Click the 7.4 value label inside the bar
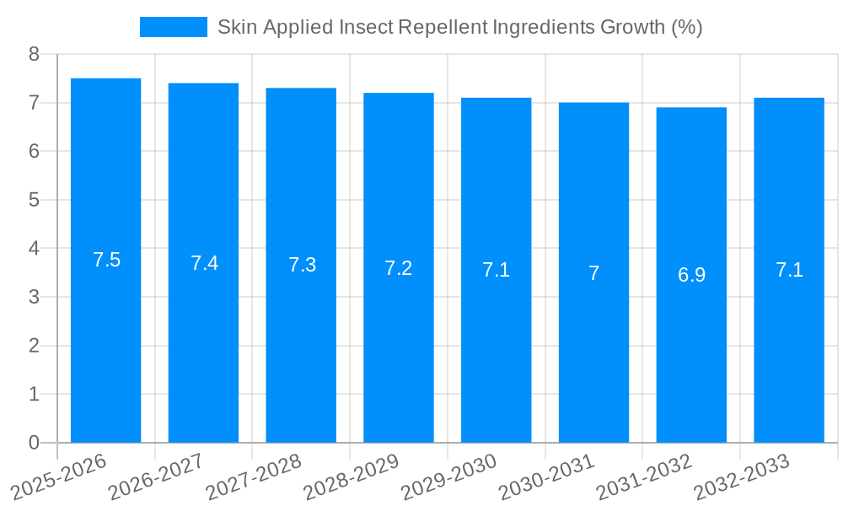click(x=204, y=263)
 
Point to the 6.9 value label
click(x=691, y=275)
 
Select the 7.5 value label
click(x=106, y=260)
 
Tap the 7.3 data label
click(x=302, y=265)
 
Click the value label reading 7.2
click(x=398, y=268)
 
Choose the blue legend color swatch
click(x=173, y=27)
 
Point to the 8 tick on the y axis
click(x=34, y=54)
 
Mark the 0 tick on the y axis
click(x=34, y=443)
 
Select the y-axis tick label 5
click(x=34, y=200)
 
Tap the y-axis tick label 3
click(x=34, y=297)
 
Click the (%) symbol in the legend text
click(x=686, y=27)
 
